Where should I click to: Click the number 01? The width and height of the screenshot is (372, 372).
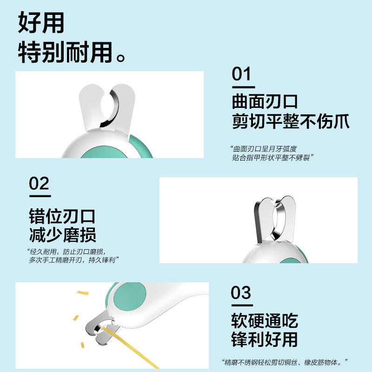(241, 74)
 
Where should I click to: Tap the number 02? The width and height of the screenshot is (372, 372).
(39, 183)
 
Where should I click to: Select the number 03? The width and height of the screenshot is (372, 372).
(241, 292)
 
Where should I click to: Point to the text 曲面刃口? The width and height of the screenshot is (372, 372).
(265, 101)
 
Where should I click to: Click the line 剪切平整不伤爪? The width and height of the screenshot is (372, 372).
(291, 121)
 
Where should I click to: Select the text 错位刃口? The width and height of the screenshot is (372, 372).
(62, 216)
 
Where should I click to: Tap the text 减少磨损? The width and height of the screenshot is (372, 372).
(62, 235)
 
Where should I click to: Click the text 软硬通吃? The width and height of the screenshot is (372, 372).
(265, 320)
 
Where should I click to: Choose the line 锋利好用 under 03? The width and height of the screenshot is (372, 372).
(264, 339)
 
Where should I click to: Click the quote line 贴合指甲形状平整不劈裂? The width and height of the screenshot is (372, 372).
(273, 158)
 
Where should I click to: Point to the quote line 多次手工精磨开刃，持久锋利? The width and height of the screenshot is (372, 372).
(73, 260)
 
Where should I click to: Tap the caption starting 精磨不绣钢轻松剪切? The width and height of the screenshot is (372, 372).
(285, 362)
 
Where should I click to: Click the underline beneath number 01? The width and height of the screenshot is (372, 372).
(243, 87)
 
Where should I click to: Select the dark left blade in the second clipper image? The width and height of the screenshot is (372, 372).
(258, 222)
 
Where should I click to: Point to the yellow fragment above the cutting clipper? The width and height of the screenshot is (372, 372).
(83, 293)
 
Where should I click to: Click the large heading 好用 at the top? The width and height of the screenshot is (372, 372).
(41, 22)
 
